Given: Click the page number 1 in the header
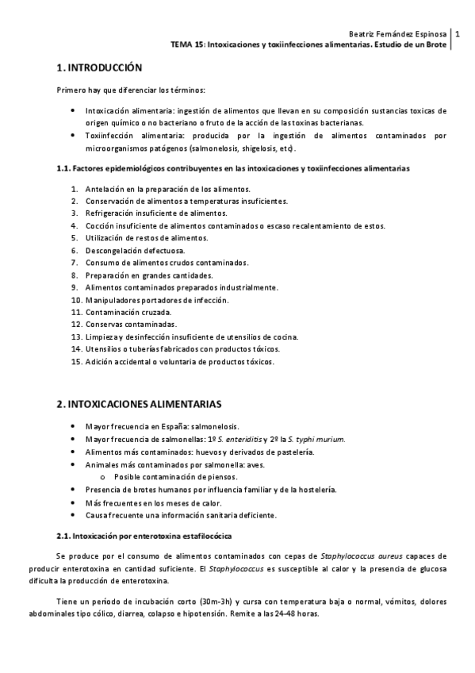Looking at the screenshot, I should pyautogui.click(x=457, y=34).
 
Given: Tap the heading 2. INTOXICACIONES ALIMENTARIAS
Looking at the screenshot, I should pyautogui.click(x=139, y=404).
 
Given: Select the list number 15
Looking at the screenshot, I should pyautogui.click(x=76, y=362).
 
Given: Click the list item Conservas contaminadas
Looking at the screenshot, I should pyautogui.click(x=131, y=325).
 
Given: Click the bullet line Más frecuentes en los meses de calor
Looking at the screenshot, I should pyautogui.click(x=153, y=502).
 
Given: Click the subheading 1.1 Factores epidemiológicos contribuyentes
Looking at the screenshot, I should pyautogui.click(x=234, y=169).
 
